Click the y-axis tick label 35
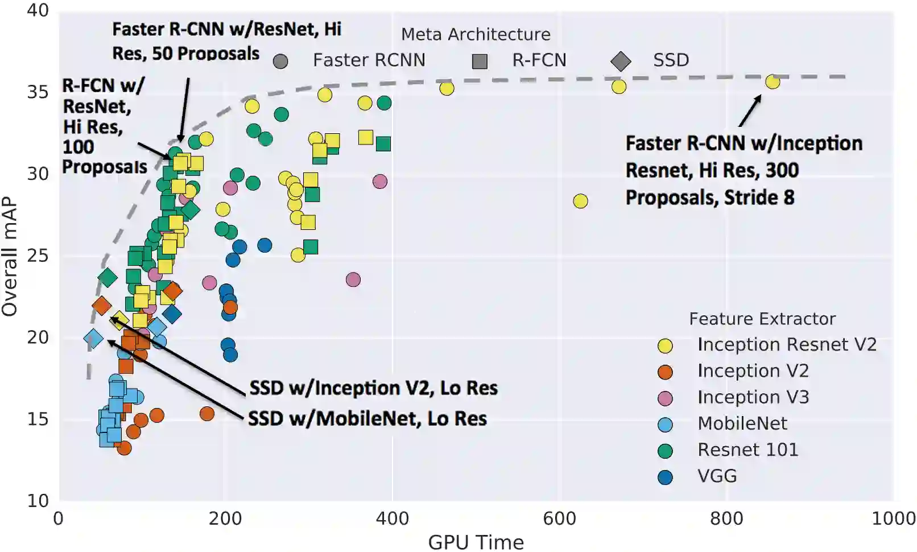click(38, 92)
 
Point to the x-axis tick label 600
click(559, 518)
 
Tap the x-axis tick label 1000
click(893, 518)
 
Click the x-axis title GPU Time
click(476, 542)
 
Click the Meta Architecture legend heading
click(476, 35)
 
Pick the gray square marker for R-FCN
click(480, 61)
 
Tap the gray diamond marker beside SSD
click(621, 61)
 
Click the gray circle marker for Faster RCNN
click(280, 61)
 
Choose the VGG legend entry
click(717, 476)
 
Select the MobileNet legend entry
click(742, 424)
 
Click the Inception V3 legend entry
click(753, 397)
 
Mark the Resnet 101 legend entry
click(747, 450)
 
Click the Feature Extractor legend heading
click(762, 319)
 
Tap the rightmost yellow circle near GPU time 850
click(772, 82)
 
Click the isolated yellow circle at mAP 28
click(580, 201)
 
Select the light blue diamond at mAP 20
click(93, 339)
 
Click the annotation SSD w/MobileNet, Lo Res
click(367, 419)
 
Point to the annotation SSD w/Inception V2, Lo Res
click(373, 388)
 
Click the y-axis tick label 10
click(38, 501)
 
